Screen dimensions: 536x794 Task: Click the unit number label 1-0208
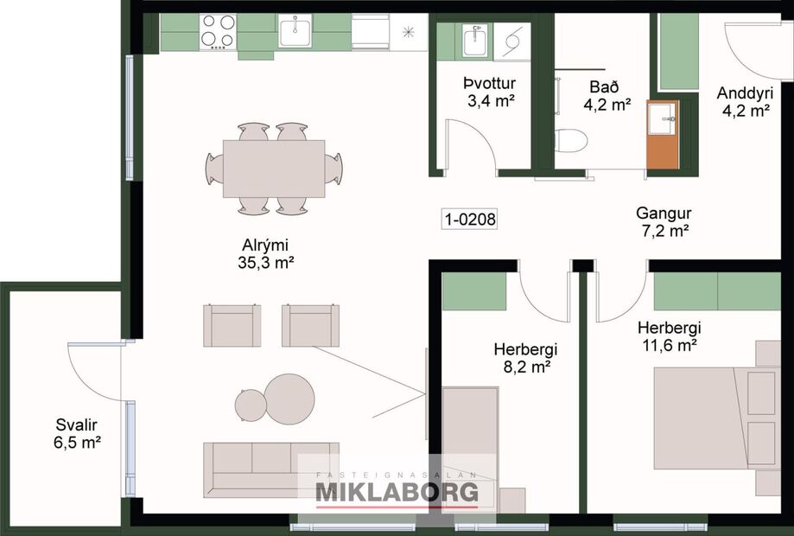[470, 220]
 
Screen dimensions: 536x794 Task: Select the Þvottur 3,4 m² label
[489, 93]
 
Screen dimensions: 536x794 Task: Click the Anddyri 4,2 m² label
[744, 101]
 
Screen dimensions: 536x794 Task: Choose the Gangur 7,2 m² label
[664, 221]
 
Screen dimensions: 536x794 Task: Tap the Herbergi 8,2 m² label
[525, 358]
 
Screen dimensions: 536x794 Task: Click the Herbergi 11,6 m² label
[669, 336]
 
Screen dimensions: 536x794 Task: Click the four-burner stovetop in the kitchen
[218, 32]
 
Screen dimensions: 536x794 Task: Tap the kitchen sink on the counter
[295, 33]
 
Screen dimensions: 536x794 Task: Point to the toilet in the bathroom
[571, 140]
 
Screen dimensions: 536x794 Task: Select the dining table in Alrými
[274, 169]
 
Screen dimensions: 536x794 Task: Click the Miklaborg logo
[397, 491]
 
